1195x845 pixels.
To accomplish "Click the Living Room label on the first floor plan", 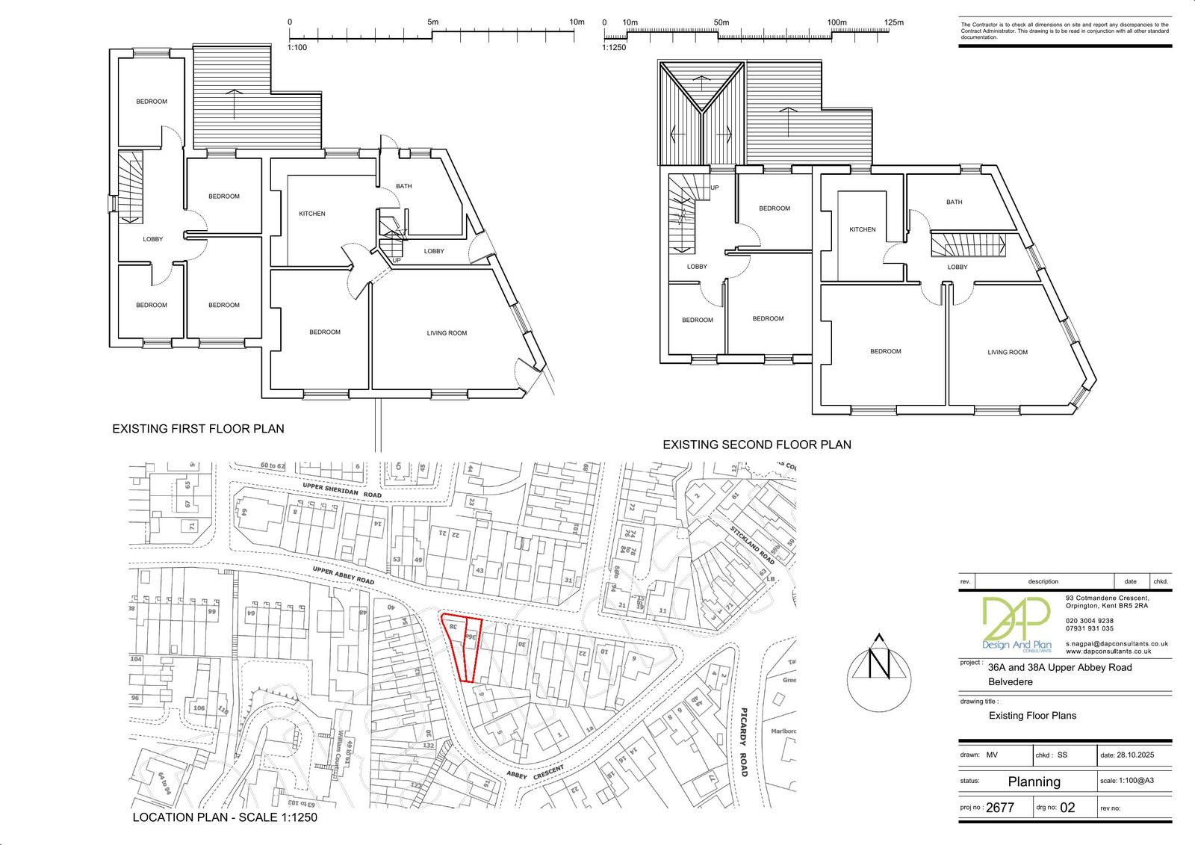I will [x=447, y=333].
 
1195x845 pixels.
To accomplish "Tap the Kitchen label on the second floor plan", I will [x=862, y=229].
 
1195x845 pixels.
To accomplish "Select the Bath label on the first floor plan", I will [x=403, y=186].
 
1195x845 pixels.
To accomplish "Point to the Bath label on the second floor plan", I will [x=954, y=202].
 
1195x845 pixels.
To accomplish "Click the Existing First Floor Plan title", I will [x=198, y=429].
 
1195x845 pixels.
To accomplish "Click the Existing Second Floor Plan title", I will [x=757, y=445].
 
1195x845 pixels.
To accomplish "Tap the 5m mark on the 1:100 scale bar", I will [x=432, y=22].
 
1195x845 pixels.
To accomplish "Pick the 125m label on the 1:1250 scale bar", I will [x=893, y=22].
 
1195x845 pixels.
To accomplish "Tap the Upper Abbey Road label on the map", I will [x=343, y=575].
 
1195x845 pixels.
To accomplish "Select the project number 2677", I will [x=1000, y=808].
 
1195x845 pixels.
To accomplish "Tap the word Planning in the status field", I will [x=1034, y=781].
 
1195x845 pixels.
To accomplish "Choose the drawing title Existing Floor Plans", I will [x=1032, y=715].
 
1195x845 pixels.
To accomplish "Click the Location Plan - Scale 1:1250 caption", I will [x=225, y=817].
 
